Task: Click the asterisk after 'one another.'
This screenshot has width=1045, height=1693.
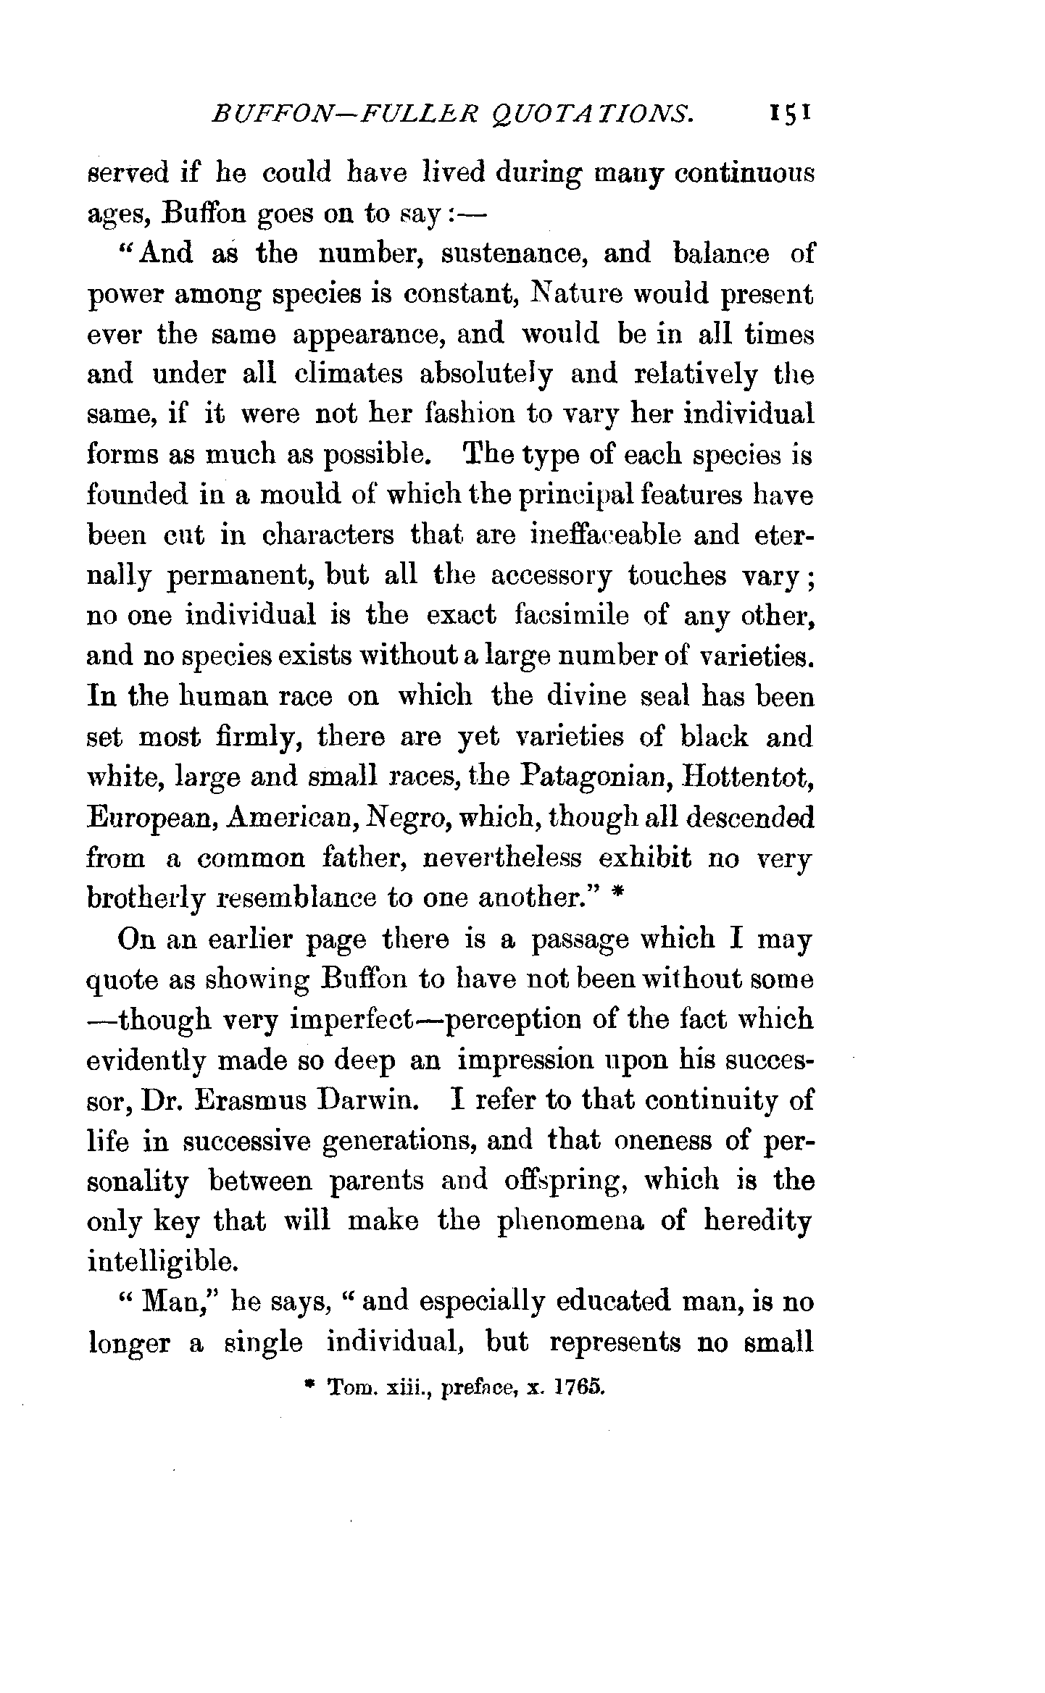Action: (x=617, y=895)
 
